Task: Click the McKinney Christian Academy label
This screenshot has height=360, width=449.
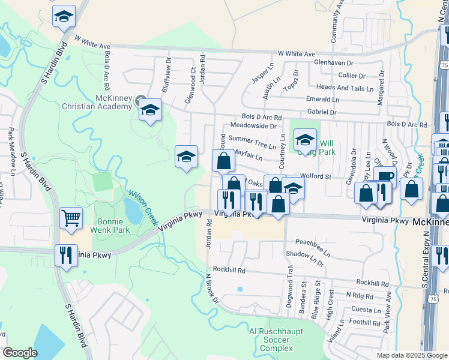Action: pyautogui.click(x=97, y=102)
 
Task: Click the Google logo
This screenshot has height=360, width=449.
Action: pyautogui.click(x=20, y=353)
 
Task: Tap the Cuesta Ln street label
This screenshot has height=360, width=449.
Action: pyautogui.click(x=366, y=310)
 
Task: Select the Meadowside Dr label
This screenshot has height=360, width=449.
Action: pyautogui.click(x=253, y=126)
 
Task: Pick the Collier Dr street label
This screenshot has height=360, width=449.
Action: pyautogui.click(x=352, y=76)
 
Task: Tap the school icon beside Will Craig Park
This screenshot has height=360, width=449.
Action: pyautogui.click(x=305, y=139)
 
